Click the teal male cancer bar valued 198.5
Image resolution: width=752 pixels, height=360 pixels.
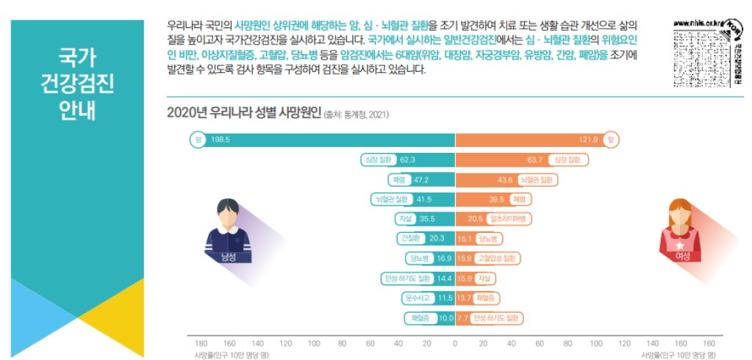pos(331,140)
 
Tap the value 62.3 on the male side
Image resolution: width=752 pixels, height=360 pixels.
pos(408,159)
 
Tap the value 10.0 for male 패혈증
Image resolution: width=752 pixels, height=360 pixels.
pos(446,318)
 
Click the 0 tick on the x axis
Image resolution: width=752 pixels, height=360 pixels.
pos(456,343)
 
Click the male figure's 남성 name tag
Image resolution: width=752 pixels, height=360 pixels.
pos(227,256)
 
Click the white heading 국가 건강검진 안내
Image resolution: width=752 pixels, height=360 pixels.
pos(77,86)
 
